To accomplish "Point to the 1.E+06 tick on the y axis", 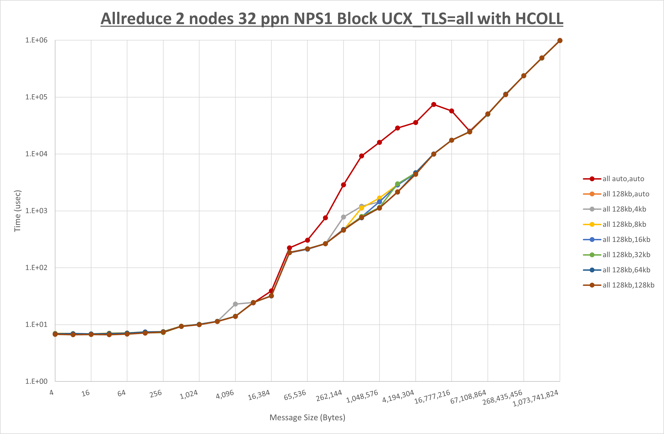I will (36, 40).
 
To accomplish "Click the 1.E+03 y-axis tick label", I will (36, 211).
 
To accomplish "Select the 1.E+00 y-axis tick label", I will (36, 381).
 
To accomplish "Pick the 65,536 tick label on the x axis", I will (295, 395).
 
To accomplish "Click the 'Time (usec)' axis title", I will (17, 211).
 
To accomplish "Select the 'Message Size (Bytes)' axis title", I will (307, 417).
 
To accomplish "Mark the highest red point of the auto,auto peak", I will (434, 105).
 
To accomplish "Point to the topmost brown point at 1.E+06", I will (560, 41).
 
